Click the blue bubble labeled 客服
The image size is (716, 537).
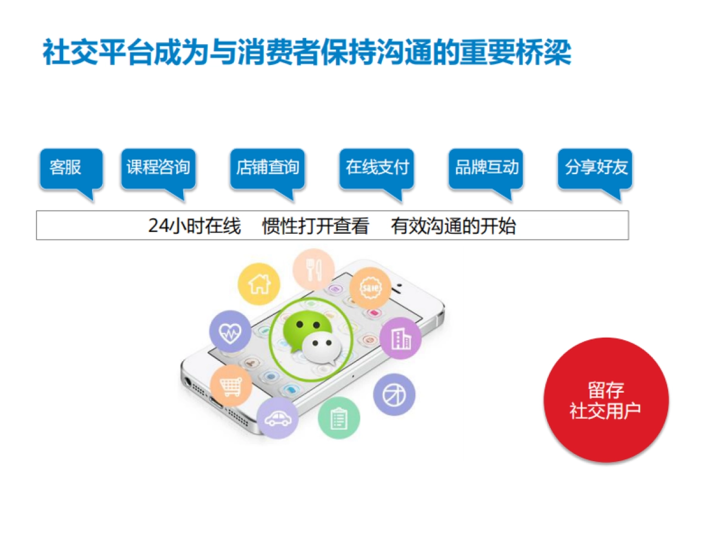coord(67,168)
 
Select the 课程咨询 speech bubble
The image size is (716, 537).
coord(158,168)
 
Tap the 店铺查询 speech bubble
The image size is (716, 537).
coord(267,168)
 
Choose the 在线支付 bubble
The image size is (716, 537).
coord(376,168)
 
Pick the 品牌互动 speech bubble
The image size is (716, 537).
coord(486,168)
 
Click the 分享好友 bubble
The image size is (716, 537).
coord(595,168)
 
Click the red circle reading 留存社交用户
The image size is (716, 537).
coord(606,400)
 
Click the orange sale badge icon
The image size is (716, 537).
coord(370,288)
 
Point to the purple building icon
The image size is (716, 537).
coord(400,338)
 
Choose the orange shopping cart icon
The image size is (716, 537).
coord(231,385)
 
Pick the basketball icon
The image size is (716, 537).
coord(394,394)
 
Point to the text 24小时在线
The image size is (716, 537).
coord(195,226)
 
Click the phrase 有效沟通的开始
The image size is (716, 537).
coord(453,226)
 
